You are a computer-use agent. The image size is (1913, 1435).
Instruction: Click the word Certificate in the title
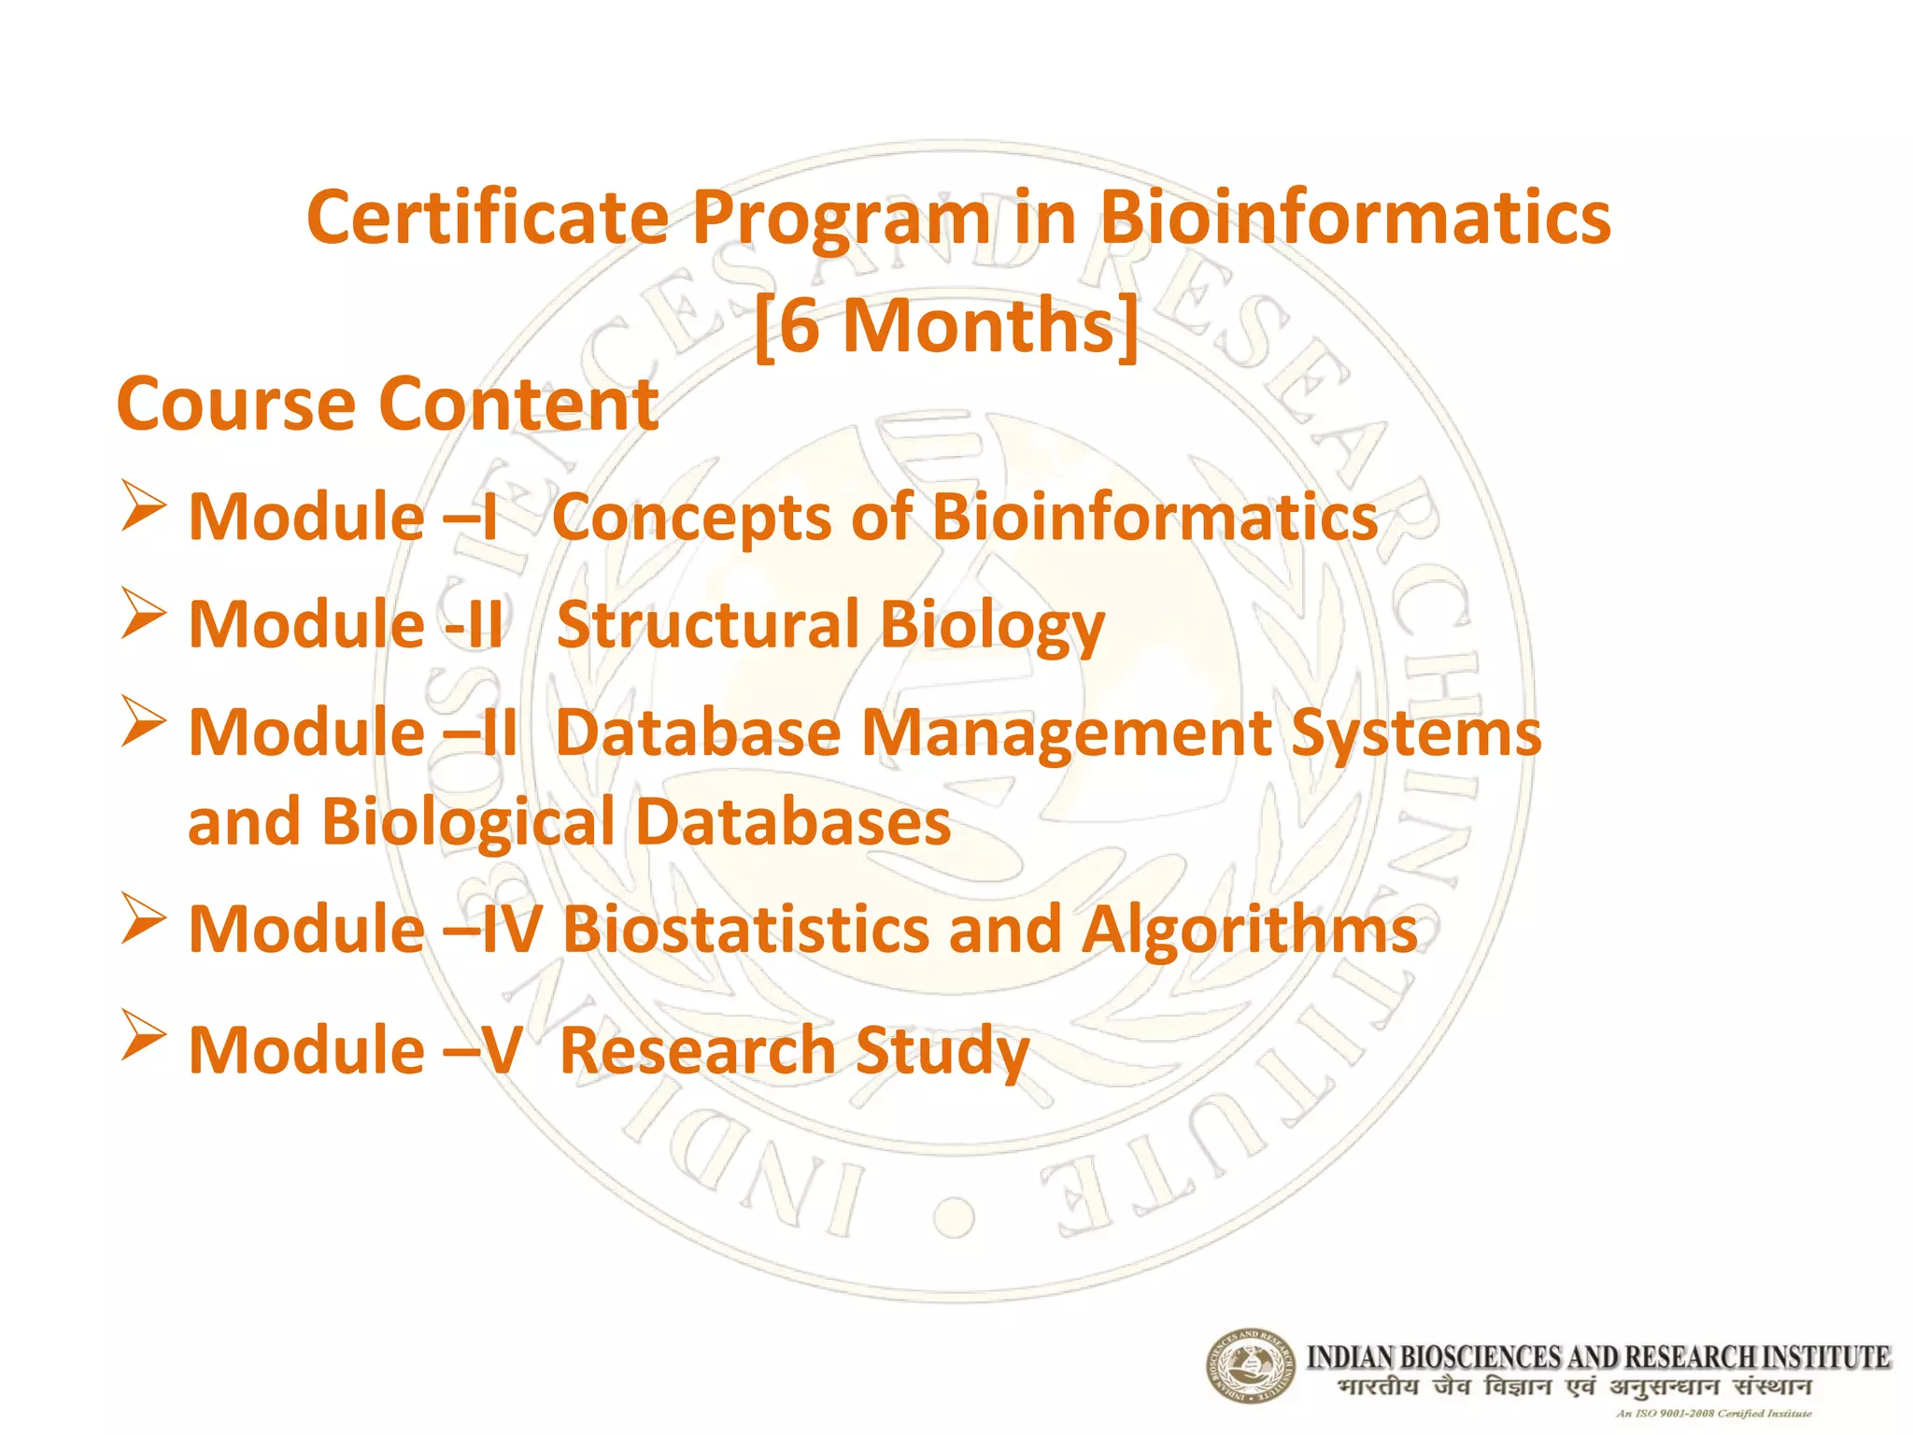pos(488,218)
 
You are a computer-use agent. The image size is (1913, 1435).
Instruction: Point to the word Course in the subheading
pos(236,404)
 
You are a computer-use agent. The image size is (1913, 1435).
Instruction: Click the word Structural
pos(707,624)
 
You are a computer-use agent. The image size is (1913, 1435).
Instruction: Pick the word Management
pos(1065,732)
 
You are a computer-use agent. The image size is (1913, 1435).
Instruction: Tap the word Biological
pos(468,821)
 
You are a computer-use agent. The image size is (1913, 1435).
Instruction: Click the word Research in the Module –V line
pos(697,1051)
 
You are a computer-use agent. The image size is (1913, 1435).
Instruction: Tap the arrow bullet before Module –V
pos(143,1035)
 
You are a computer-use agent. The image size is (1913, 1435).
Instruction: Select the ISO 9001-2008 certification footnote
pos(1713,1414)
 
